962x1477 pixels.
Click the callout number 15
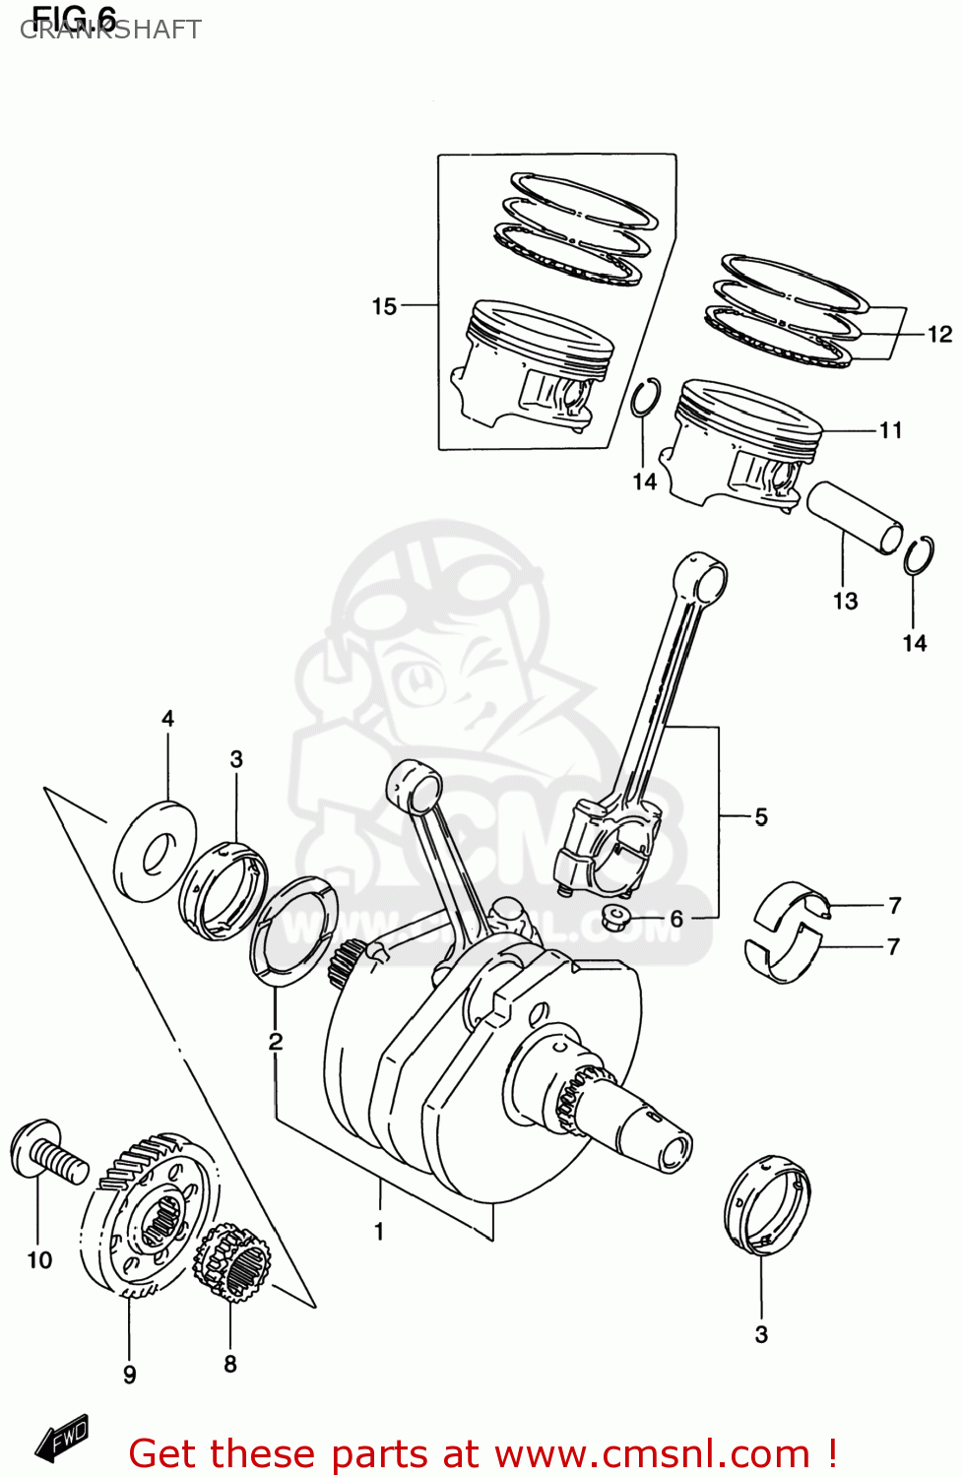click(384, 306)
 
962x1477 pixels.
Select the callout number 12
click(939, 335)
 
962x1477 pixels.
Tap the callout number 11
click(890, 430)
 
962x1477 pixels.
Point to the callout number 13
click(845, 601)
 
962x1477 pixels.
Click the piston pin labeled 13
click(854, 516)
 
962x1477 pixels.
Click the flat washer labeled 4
click(156, 852)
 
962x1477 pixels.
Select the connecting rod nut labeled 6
click(617, 919)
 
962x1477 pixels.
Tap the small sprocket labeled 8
click(232, 1263)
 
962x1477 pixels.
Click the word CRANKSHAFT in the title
click(110, 30)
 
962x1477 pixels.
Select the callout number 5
click(761, 816)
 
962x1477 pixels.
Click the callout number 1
click(379, 1231)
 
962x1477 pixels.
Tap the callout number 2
click(276, 1041)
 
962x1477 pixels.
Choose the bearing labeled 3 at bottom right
click(767, 1203)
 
